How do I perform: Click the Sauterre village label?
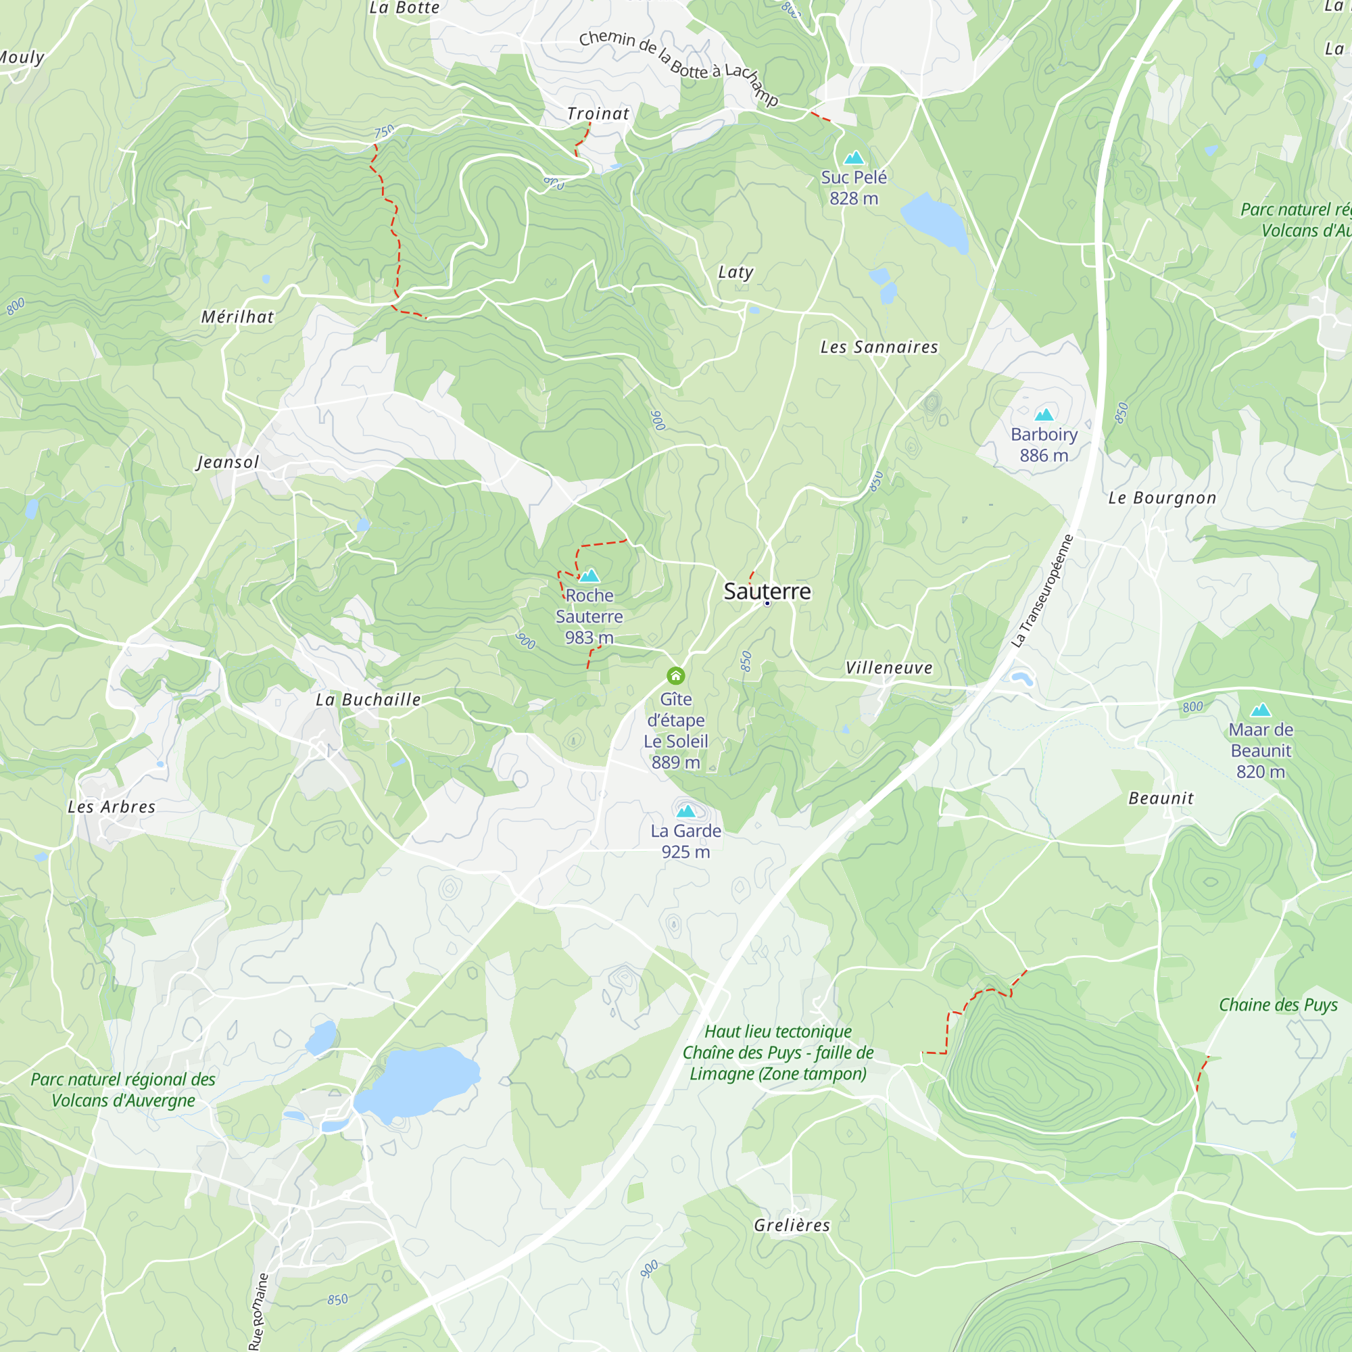point(767,591)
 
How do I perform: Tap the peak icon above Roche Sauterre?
point(589,575)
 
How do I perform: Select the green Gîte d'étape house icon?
point(675,675)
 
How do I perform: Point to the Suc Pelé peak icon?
point(854,157)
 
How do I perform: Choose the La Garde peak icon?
point(685,811)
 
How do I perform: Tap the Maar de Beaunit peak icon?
point(1260,710)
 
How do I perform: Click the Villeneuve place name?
point(889,668)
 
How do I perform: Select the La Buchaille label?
point(368,700)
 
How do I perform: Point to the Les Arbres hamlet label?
point(112,807)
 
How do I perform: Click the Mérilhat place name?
point(237,317)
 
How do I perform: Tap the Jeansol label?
point(227,462)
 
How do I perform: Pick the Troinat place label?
point(598,114)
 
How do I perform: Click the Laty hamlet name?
point(735,272)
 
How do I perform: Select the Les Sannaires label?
point(879,347)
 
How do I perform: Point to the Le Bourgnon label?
point(1162,498)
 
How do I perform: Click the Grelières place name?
point(792,1226)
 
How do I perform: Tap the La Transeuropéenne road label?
point(1042,591)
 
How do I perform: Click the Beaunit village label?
point(1161,798)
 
